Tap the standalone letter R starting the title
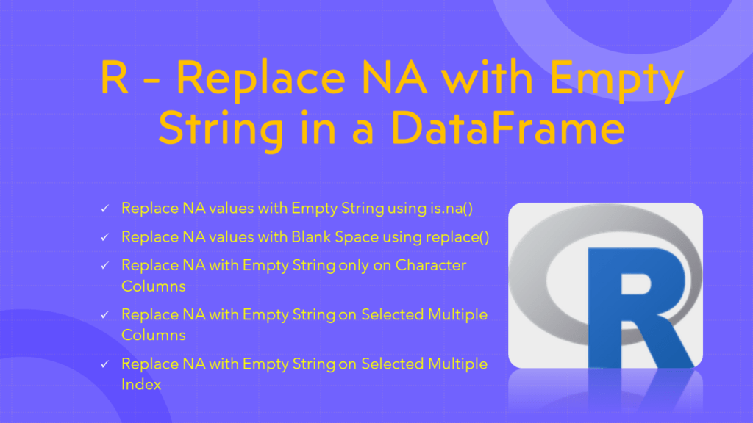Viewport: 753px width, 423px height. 114,77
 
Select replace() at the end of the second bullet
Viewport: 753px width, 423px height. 461,237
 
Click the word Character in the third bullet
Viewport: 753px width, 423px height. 431,264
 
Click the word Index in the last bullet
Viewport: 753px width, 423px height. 141,383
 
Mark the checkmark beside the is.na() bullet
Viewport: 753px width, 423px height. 105,209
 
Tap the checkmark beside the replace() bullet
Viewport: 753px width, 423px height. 105,238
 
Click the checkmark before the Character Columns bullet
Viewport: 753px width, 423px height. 105,266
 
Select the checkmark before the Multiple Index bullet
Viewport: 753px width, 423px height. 105,364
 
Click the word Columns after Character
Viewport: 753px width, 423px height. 153,285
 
